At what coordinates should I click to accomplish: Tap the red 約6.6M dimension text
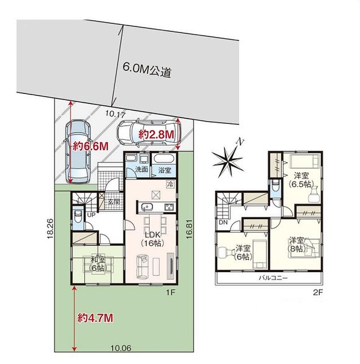(91, 146)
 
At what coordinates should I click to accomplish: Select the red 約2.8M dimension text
(156, 134)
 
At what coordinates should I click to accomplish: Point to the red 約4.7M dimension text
(95, 318)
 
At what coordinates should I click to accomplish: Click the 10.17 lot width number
(115, 114)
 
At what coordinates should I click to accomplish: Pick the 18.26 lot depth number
(51, 229)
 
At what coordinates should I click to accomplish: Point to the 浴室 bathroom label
(164, 170)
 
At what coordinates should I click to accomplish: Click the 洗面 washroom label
(141, 169)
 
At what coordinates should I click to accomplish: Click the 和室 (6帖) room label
(98, 264)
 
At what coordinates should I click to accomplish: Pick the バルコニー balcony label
(273, 278)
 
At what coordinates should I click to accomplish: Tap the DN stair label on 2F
(223, 223)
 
